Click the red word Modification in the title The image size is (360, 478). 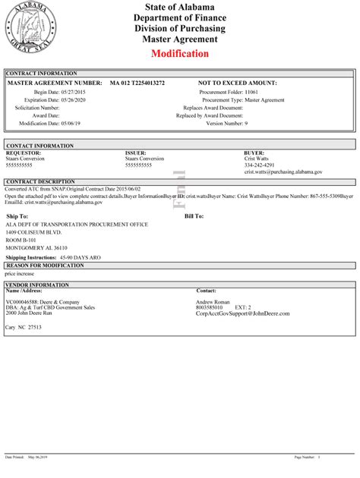coord(179,54)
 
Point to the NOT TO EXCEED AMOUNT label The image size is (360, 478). coord(237,82)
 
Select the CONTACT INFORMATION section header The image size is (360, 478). coord(39,144)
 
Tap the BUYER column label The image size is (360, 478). coord(254,152)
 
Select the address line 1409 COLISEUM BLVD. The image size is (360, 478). coord(37,232)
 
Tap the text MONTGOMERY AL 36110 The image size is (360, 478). coord(36,247)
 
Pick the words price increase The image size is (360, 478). coord(20,273)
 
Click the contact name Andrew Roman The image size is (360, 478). coord(213,301)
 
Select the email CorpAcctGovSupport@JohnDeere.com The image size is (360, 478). coord(243,313)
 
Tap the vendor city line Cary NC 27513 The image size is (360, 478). coord(24,327)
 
